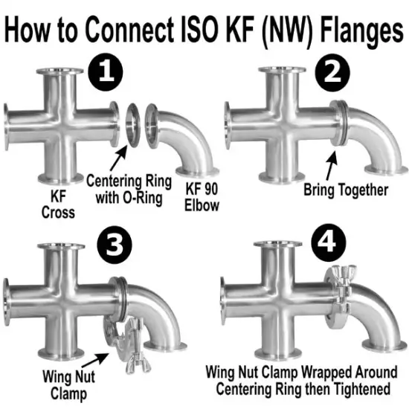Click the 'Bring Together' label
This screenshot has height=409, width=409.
click(x=346, y=190)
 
